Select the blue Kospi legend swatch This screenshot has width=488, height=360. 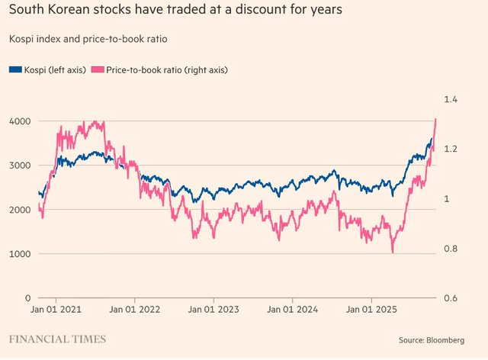click(x=15, y=69)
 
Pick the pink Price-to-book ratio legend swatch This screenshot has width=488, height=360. click(x=96, y=69)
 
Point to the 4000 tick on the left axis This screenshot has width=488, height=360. click(x=19, y=121)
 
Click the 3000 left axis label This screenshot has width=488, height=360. click(x=19, y=166)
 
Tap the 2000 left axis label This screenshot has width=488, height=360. click(x=19, y=210)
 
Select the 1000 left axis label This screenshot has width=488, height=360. click(x=19, y=254)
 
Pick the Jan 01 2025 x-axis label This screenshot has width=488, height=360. click(x=370, y=310)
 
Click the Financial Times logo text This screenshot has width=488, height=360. click(x=57, y=339)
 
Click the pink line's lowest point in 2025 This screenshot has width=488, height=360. click(x=393, y=252)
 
